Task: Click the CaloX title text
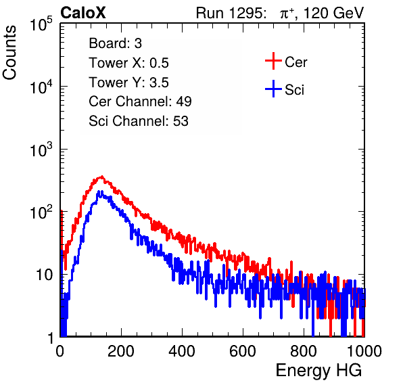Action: coord(82,12)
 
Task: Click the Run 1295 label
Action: coord(231,13)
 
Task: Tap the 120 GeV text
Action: coord(334,13)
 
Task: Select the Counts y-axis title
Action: coord(9,52)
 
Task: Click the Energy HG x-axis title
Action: coord(318,371)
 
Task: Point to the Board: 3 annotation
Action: coord(115,43)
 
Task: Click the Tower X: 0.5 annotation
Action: coord(128,63)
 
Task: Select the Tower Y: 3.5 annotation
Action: coord(128,83)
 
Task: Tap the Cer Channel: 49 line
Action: coord(140,101)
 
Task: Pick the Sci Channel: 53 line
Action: coord(139,121)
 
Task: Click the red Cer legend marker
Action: coord(273,61)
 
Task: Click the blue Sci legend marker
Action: coord(273,89)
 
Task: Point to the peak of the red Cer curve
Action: coord(102,177)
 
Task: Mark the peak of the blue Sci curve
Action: coord(99,191)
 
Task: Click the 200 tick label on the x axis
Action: coord(121,351)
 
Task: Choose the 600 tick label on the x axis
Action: coord(243,351)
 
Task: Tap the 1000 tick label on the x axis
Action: coord(364,351)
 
